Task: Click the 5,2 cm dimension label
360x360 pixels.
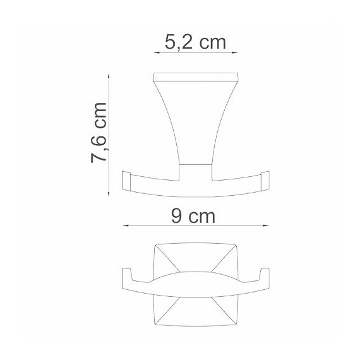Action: pos(195,44)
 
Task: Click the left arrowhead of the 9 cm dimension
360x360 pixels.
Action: pos(123,225)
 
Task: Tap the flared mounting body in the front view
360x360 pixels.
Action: pos(195,126)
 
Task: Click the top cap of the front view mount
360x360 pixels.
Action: pos(195,80)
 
